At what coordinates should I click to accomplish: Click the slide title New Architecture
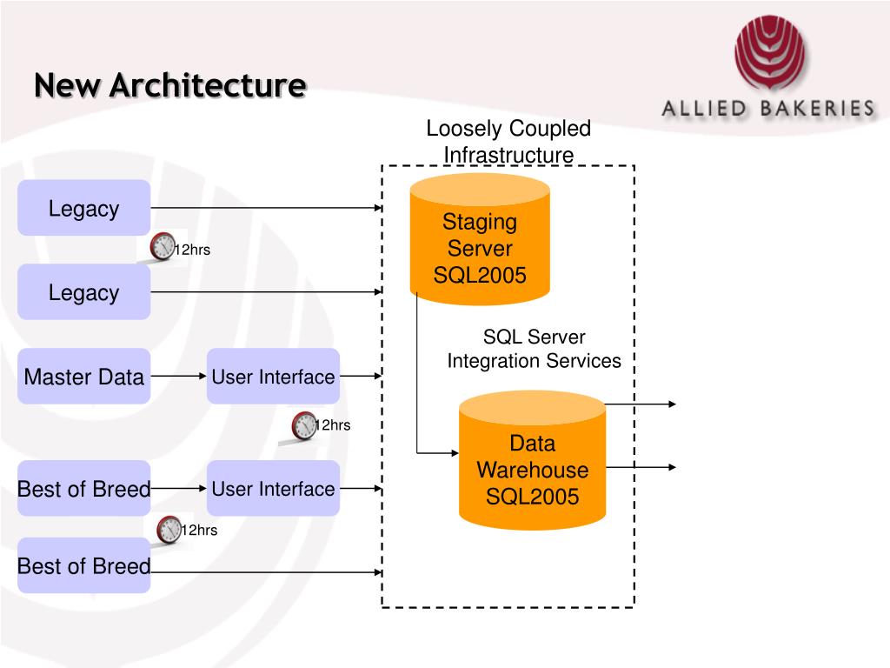[170, 85]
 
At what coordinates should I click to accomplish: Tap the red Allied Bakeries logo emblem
[770, 52]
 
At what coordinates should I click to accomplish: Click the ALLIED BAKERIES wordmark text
[768, 108]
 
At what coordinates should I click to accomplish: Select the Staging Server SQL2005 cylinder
[480, 239]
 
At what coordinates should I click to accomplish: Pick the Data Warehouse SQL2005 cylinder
[532, 460]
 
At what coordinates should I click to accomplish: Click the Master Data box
[84, 376]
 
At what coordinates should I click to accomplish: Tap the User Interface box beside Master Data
[273, 376]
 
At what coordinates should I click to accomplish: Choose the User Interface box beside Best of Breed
[273, 488]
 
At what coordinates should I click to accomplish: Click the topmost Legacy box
[84, 208]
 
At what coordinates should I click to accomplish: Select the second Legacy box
[84, 292]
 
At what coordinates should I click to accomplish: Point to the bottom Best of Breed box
[84, 565]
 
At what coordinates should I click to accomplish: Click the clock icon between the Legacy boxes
[163, 246]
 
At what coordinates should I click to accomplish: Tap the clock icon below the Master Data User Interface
[304, 426]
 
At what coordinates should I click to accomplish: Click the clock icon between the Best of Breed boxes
[169, 530]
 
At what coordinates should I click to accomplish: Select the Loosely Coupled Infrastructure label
[508, 142]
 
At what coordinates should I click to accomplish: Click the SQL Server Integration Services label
[535, 349]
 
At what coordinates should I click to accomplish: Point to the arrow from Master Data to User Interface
[178, 376]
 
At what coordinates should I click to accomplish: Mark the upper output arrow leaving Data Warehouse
[641, 404]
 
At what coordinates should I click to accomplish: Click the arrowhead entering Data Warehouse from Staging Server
[455, 453]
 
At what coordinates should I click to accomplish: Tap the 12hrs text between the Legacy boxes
[192, 250]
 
